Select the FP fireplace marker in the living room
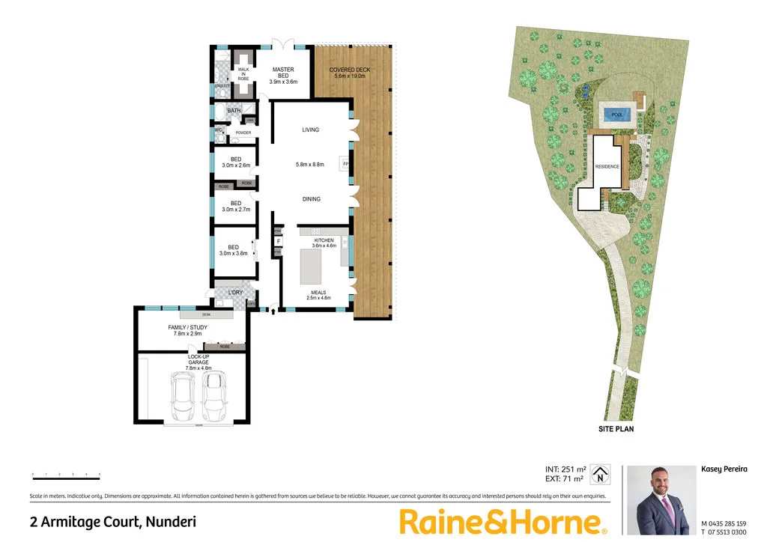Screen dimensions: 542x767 (x=345, y=163)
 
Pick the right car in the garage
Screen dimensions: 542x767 (x=215, y=396)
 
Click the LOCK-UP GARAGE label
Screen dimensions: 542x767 (x=198, y=363)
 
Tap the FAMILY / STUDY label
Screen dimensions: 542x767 (x=187, y=330)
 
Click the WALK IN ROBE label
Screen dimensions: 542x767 (x=243, y=73)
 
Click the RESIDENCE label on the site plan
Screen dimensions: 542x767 (x=607, y=166)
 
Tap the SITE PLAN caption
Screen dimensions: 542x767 (x=616, y=430)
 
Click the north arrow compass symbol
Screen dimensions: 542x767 (x=599, y=475)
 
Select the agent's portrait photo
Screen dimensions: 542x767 (x=657, y=500)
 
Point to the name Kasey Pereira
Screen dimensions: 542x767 (x=723, y=469)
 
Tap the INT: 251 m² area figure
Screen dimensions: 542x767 (x=565, y=469)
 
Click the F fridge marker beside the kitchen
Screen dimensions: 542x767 (x=278, y=241)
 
